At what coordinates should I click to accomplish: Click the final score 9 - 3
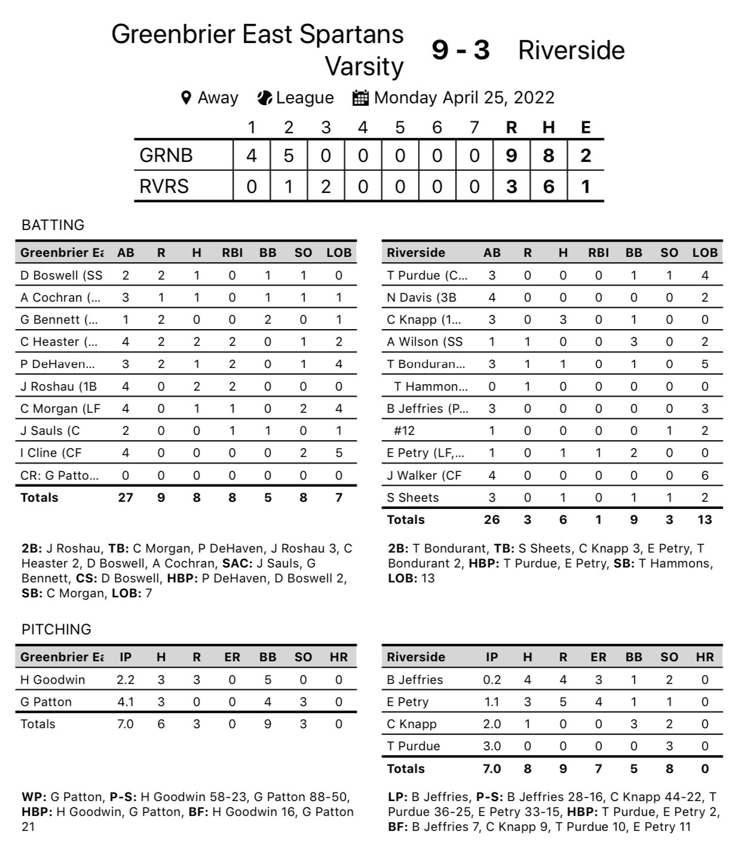[x=461, y=50]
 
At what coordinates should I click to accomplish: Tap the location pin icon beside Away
[x=186, y=97]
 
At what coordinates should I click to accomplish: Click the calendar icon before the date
[x=360, y=97]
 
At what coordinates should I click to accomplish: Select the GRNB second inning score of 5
[x=289, y=155]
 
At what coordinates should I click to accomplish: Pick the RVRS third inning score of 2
[x=326, y=186]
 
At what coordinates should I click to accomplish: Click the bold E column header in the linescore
[x=585, y=127]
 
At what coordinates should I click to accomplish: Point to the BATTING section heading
[x=53, y=225]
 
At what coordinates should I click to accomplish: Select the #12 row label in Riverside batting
[x=404, y=431]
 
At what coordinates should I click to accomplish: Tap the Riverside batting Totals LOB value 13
[x=705, y=520]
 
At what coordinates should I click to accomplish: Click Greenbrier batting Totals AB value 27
[x=125, y=498]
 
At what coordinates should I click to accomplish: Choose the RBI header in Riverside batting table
[x=598, y=253]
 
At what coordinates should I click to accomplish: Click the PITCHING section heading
[x=56, y=630]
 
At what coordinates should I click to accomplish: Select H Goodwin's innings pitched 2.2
[x=125, y=680]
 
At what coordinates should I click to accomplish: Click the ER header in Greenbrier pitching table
[x=232, y=657]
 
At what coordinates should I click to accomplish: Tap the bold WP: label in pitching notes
[x=33, y=797]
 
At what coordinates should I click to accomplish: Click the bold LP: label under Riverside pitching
[x=398, y=797]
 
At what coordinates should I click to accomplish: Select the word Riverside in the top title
[x=571, y=50]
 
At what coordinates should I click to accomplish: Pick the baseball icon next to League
[x=265, y=97]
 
